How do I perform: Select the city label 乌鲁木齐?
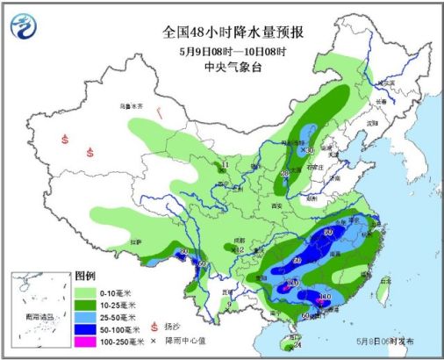[x=131, y=106]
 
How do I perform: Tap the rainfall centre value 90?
[x=328, y=231]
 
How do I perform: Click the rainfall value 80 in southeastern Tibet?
[x=183, y=252]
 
